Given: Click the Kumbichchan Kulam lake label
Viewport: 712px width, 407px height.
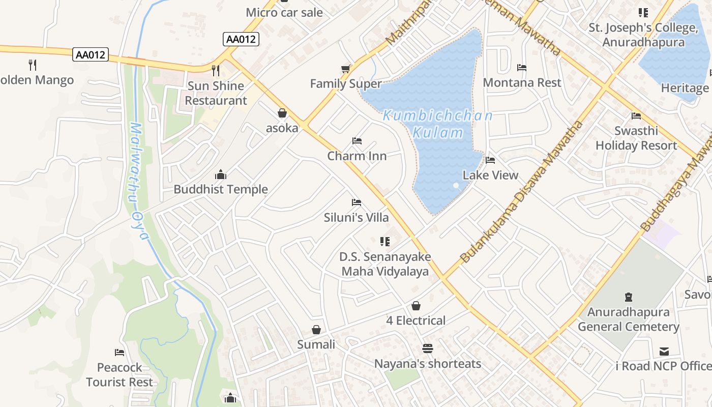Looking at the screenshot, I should (x=437, y=124).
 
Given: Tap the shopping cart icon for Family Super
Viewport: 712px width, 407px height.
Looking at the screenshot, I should (x=346, y=69).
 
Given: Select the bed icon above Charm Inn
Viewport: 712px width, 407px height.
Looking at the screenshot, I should (x=357, y=141).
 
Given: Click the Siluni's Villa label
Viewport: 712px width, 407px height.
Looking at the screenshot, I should (x=356, y=217).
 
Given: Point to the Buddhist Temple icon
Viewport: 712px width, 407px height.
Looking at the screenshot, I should (x=221, y=175).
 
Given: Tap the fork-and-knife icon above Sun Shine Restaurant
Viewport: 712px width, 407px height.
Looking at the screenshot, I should (x=216, y=70).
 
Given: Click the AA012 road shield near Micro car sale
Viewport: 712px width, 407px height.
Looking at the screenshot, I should (x=241, y=39).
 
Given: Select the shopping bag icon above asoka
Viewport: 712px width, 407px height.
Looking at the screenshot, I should (x=282, y=113).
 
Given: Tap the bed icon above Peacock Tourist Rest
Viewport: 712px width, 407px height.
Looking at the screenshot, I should (x=120, y=352).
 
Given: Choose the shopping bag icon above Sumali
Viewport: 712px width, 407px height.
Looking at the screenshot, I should (x=316, y=330).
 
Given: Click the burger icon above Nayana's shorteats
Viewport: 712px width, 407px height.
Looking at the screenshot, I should (x=427, y=348).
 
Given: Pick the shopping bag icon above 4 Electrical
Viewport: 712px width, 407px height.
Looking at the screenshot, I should (x=416, y=306).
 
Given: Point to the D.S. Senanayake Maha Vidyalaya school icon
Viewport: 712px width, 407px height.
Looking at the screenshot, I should (x=385, y=241).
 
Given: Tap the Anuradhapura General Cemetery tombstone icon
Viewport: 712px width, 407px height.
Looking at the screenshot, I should (x=629, y=297).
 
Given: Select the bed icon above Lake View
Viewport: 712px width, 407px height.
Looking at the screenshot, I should (x=490, y=160).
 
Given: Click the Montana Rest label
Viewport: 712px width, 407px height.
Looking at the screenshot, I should (x=522, y=82).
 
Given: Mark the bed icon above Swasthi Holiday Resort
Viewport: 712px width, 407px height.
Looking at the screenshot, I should (x=636, y=115).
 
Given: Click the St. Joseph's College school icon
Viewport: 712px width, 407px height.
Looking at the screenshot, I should (x=643, y=12).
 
